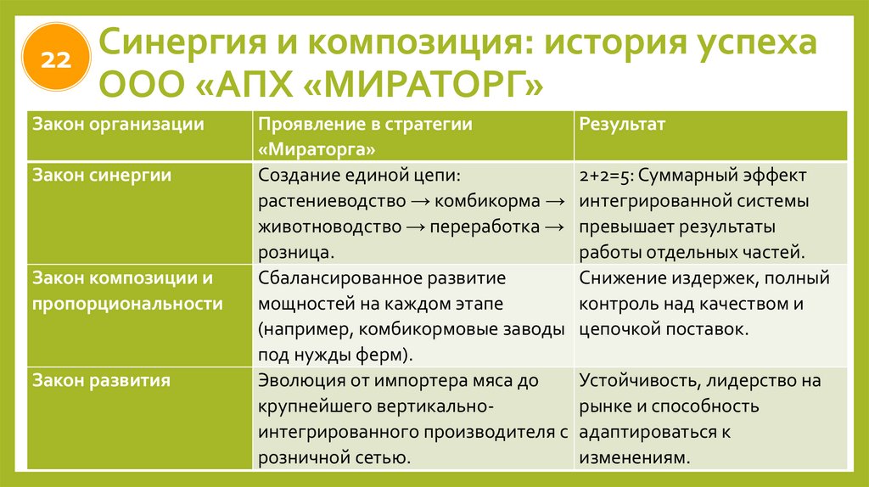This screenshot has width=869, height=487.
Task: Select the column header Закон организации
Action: (119, 124)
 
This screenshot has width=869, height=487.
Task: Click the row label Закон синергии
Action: (102, 176)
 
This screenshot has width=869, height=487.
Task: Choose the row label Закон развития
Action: (102, 381)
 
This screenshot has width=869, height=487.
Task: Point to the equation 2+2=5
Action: (605, 176)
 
